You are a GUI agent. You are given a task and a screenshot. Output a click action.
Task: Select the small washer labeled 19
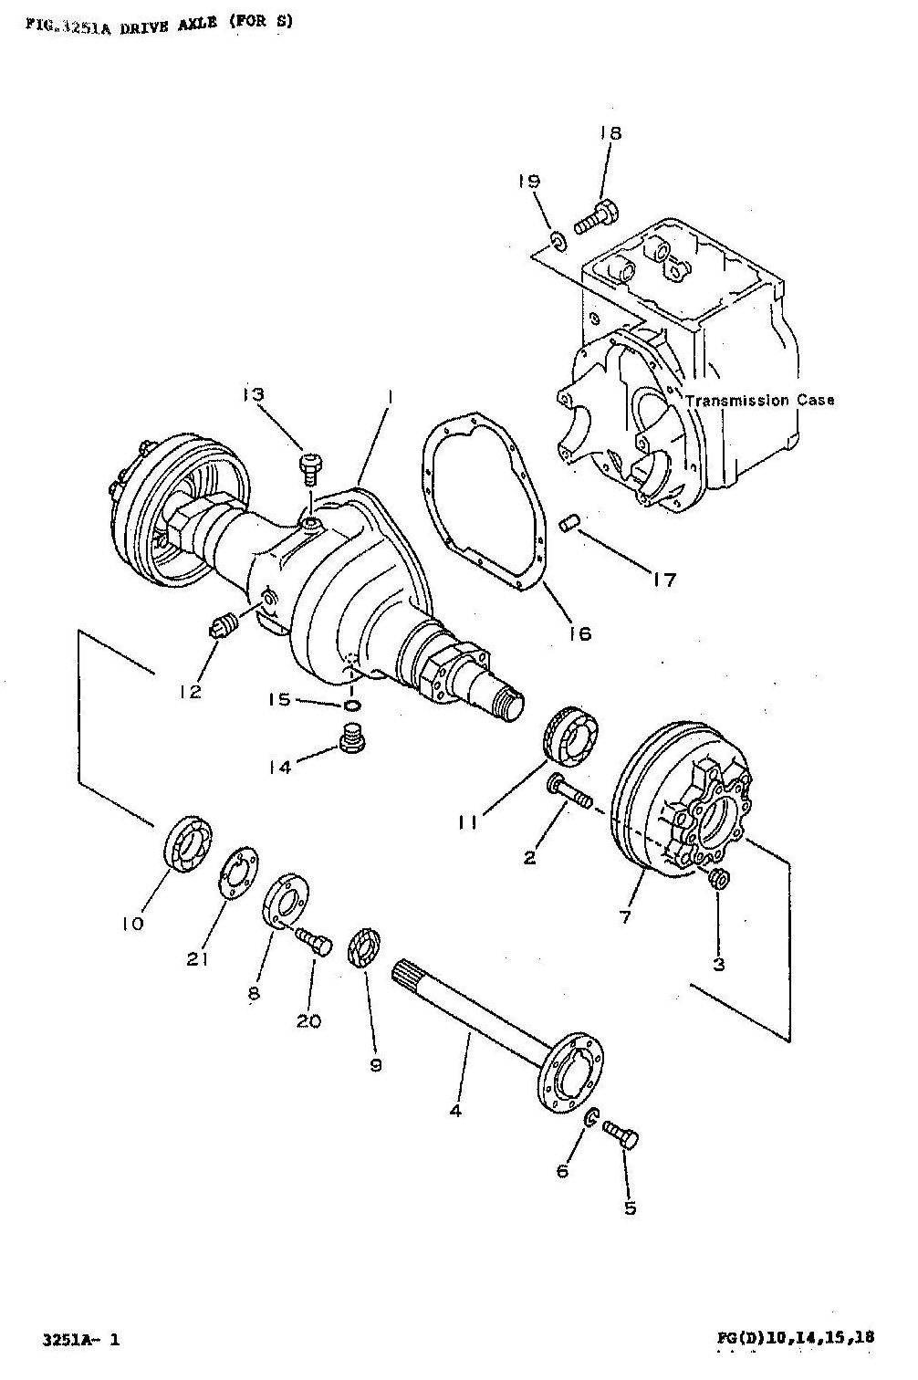click(x=558, y=240)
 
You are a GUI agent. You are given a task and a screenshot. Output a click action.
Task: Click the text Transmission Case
click(x=759, y=400)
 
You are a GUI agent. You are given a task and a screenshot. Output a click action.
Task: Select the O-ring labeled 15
click(x=353, y=706)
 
